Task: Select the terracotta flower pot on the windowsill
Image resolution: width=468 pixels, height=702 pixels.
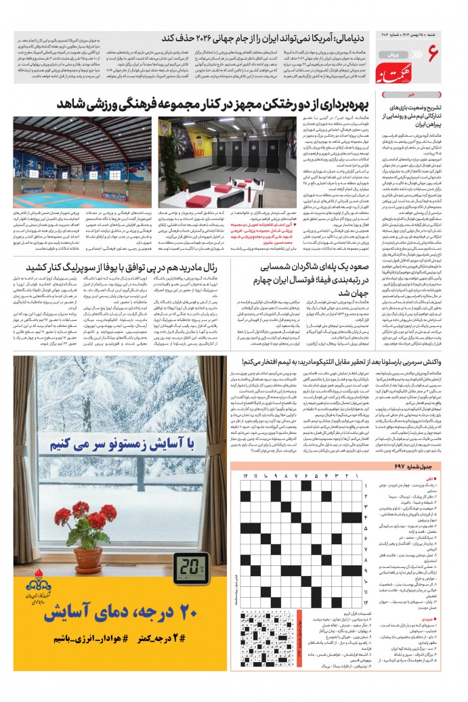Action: (x=88, y=559)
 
